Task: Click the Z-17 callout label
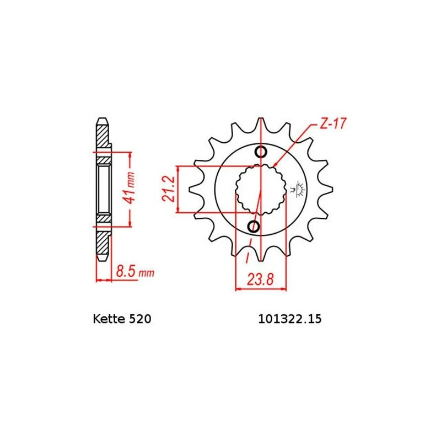coord(333,123)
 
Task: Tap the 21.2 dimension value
coord(169,189)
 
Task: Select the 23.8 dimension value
coord(260,279)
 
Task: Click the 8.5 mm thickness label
coord(135,272)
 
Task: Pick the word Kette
coord(109,319)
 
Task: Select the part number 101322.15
coord(290,319)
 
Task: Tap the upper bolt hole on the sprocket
coord(261,152)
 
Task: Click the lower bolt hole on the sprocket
coord(254,227)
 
